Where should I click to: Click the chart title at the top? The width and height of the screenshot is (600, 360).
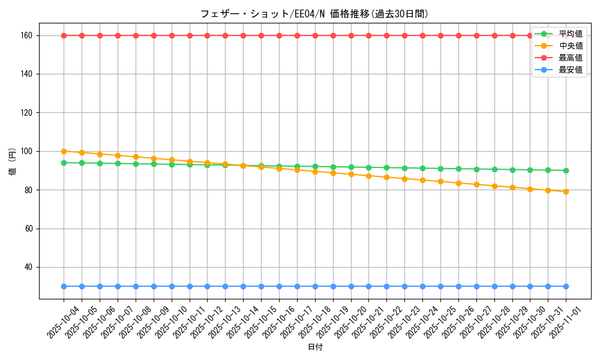[x=314, y=14]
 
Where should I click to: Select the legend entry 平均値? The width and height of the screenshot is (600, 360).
[x=570, y=34]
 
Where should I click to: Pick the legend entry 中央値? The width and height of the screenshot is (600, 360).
[x=570, y=46]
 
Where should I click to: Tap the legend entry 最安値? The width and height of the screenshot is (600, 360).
[x=570, y=70]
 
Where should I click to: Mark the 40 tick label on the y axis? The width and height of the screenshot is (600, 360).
[x=27, y=267]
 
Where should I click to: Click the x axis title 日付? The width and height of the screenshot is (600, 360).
[x=315, y=347]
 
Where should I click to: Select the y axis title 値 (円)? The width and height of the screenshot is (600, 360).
[x=13, y=161]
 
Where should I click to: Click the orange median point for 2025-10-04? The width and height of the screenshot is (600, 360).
[x=64, y=151]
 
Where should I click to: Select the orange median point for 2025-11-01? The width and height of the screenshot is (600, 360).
[x=566, y=191]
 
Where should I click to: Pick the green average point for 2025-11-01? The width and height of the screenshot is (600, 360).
[x=566, y=170]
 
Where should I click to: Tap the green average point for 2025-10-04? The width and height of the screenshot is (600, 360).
[x=64, y=163]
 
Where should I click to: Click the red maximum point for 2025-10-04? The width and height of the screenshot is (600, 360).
[x=64, y=35]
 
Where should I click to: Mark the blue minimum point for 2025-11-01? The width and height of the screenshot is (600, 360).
[x=566, y=286]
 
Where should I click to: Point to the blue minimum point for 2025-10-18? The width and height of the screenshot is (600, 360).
[x=315, y=286]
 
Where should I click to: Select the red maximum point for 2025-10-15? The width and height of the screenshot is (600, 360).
[x=261, y=35]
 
